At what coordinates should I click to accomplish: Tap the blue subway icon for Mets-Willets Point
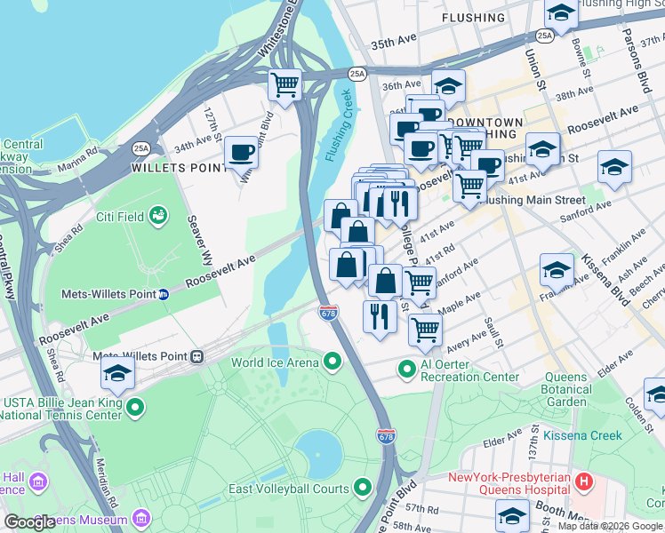tap(164, 294)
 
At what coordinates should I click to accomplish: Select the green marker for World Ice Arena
tap(332, 361)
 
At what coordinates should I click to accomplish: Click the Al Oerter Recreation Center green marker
tap(407, 367)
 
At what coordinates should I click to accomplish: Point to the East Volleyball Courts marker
tap(362, 488)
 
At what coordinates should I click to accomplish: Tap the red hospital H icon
tap(583, 482)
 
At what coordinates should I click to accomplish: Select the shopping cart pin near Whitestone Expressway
tap(284, 85)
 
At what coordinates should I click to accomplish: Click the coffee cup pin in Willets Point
tap(241, 152)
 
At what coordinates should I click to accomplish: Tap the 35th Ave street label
tap(394, 43)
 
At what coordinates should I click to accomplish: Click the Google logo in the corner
tap(29, 522)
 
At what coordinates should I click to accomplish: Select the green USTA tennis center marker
tap(135, 407)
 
